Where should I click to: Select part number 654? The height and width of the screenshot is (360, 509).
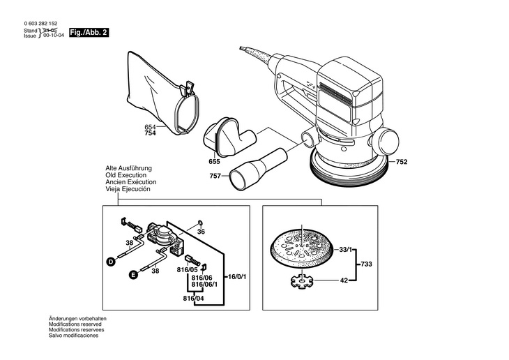[151, 126]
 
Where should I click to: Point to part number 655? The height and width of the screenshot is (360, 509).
[214, 161]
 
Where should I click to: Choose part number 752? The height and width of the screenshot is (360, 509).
[402, 162]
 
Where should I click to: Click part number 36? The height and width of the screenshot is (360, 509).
[201, 231]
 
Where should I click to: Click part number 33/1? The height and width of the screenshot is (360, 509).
[346, 249]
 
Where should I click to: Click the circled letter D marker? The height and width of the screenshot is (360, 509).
[110, 262]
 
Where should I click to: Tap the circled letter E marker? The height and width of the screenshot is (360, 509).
[132, 276]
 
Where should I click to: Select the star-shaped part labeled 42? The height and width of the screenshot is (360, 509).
[301, 283]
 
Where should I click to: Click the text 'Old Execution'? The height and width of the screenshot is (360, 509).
[126, 175]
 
